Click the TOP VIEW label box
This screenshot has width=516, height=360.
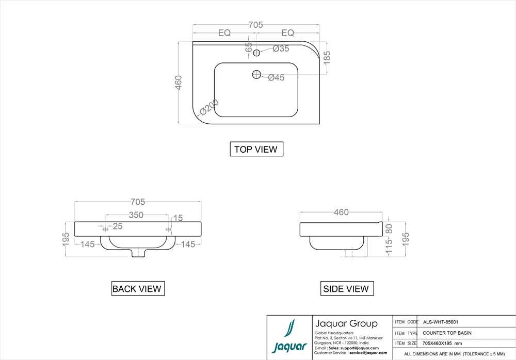point(256,150)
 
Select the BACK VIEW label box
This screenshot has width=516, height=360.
point(137,289)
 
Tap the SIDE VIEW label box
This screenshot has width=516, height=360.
point(346,289)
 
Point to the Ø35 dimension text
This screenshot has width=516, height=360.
point(281,48)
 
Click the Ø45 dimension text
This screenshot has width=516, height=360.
point(277,78)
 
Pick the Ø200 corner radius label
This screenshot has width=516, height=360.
point(209,107)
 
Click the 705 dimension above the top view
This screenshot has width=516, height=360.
point(256,25)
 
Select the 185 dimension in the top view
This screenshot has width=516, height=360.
point(327,57)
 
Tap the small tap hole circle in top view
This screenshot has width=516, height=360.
point(256,52)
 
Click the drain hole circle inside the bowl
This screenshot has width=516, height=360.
point(256,75)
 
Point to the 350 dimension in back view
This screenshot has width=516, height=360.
point(136,216)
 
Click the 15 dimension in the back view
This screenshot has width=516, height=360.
point(178,218)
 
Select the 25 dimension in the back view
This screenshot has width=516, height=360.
point(118,226)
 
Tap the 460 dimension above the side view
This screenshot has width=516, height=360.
point(342,212)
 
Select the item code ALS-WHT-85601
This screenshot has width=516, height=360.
point(441,321)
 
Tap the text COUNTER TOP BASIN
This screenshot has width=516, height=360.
point(447,333)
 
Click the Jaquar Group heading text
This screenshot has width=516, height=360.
point(346,324)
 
